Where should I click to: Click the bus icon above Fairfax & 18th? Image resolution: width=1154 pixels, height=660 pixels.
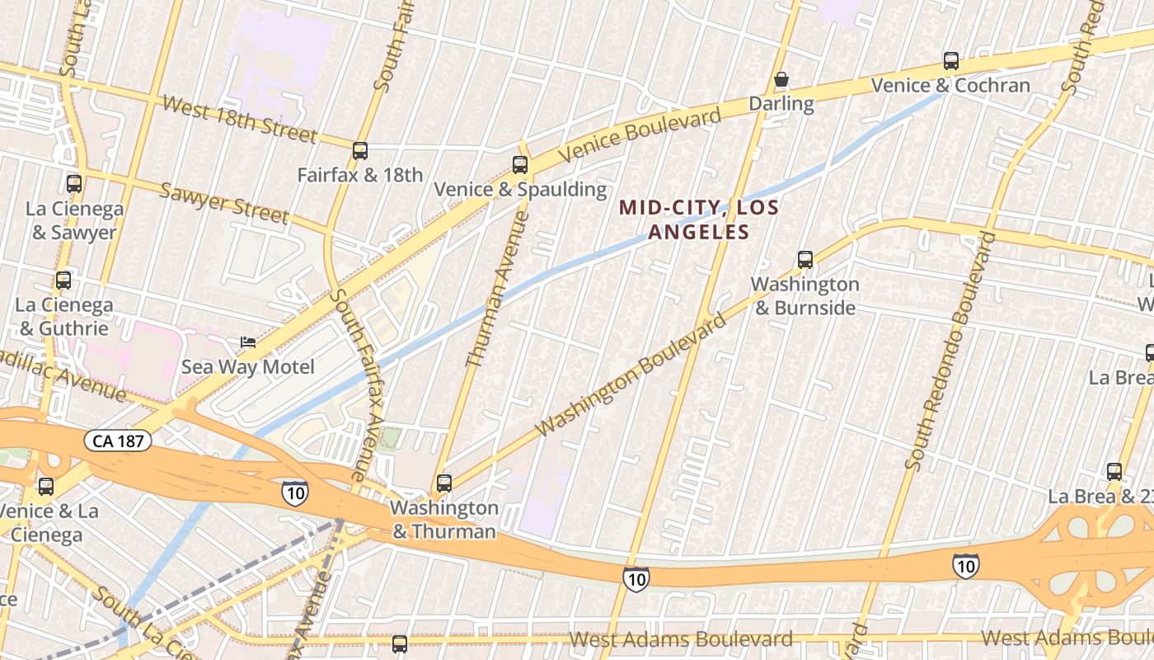[x=360, y=151]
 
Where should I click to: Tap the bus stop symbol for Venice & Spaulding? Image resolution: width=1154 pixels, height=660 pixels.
[x=520, y=165]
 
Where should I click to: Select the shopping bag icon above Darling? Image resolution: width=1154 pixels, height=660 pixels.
[x=781, y=80]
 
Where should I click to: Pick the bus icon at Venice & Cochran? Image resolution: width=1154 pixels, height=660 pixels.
[x=951, y=61]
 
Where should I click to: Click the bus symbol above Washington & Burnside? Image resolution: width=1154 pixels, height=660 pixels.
[x=805, y=260]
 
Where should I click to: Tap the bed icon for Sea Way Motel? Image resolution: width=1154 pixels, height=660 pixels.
[x=247, y=342]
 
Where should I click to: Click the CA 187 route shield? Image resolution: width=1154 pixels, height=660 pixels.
[x=118, y=441]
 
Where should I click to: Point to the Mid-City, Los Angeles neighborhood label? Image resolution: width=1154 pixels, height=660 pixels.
[x=699, y=219]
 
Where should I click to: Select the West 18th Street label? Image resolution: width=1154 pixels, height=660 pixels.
[x=239, y=118]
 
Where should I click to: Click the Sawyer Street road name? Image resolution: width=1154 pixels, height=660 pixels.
[x=223, y=203]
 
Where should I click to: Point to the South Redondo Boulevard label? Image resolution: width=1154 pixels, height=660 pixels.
[x=950, y=351]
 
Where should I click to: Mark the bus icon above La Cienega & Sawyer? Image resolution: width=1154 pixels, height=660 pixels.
[x=74, y=184]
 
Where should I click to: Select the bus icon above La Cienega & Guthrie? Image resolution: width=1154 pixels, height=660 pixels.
[x=63, y=280]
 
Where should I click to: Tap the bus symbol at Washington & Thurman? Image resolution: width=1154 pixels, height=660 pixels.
[x=444, y=483]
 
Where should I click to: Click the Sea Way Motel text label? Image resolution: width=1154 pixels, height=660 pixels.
[x=248, y=366]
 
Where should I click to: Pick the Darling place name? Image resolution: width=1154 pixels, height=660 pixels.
[x=781, y=103]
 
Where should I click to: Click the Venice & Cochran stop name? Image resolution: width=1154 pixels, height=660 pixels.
[x=950, y=85]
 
